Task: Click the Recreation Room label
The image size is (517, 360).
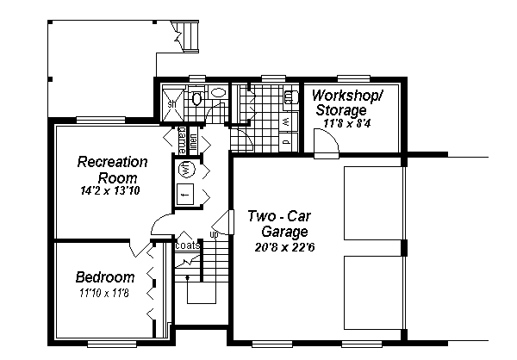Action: [x=112, y=169]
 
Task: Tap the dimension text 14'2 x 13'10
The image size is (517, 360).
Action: [x=112, y=189]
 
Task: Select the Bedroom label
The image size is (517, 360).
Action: [x=104, y=277]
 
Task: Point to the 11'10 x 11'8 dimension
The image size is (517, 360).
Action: [x=104, y=294]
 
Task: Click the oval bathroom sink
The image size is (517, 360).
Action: [x=219, y=92]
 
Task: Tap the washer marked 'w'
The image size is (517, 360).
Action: [x=285, y=121]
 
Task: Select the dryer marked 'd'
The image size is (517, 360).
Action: [x=285, y=139]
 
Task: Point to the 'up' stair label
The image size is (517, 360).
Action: [x=213, y=233]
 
